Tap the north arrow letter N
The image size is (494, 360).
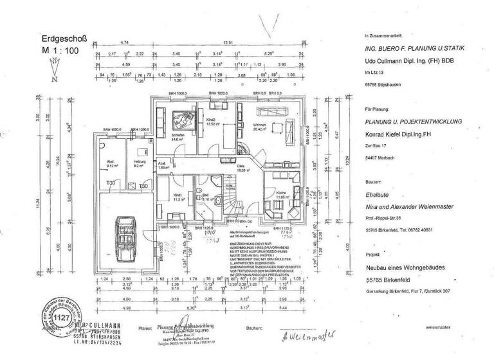point(55,79)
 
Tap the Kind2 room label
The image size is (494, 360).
point(210,120)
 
